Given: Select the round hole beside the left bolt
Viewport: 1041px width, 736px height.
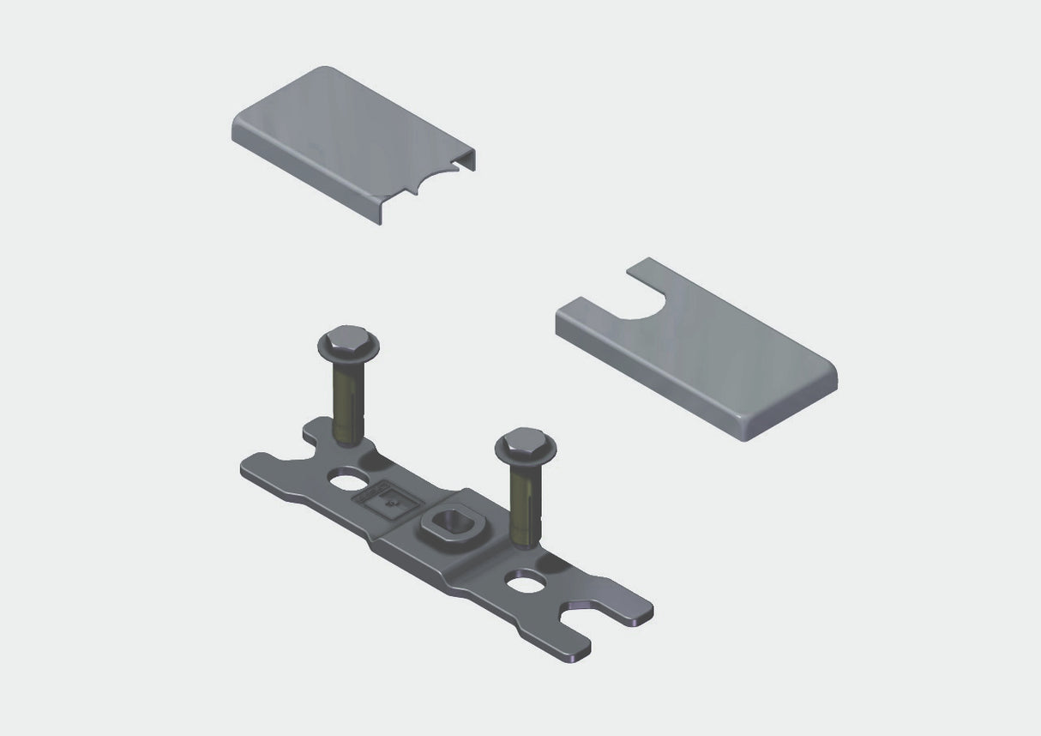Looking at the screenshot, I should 347,479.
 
